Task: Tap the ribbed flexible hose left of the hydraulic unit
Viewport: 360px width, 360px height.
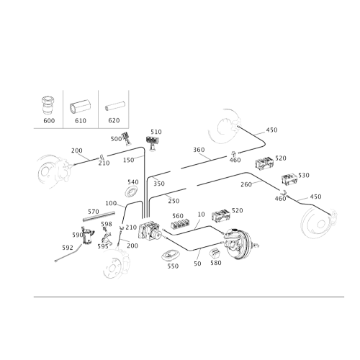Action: click(x=99, y=212)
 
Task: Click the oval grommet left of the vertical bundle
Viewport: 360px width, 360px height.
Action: click(x=131, y=191)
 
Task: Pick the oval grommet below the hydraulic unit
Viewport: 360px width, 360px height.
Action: click(x=171, y=256)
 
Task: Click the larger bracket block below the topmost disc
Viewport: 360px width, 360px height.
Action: click(x=264, y=163)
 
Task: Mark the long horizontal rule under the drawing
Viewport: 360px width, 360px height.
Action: click(x=180, y=295)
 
